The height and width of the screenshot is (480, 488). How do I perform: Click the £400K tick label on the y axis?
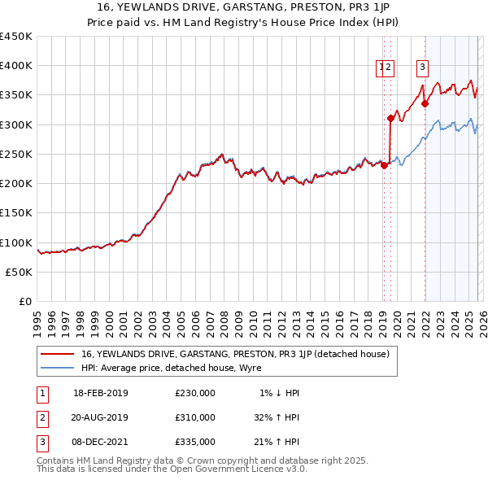16,66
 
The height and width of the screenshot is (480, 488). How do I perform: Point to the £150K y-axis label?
16,213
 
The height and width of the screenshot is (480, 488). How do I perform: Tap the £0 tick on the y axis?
26,302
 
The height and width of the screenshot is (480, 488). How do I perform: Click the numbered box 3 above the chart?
423,68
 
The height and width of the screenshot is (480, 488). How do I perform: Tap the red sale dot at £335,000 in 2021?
425,103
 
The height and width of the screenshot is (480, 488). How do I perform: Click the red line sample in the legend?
57,354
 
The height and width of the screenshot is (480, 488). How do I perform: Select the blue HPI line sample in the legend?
57,367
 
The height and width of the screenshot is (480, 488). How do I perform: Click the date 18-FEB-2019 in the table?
101,393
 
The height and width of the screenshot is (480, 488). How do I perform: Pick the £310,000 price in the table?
195,417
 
